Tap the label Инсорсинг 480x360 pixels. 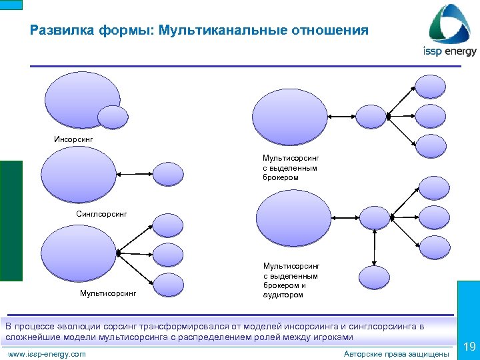click(73, 139)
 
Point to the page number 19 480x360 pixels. click(469, 346)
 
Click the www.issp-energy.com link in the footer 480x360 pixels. click(45, 354)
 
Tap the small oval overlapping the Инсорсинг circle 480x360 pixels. click(112, 117)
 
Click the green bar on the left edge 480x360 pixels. click(11, 220)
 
